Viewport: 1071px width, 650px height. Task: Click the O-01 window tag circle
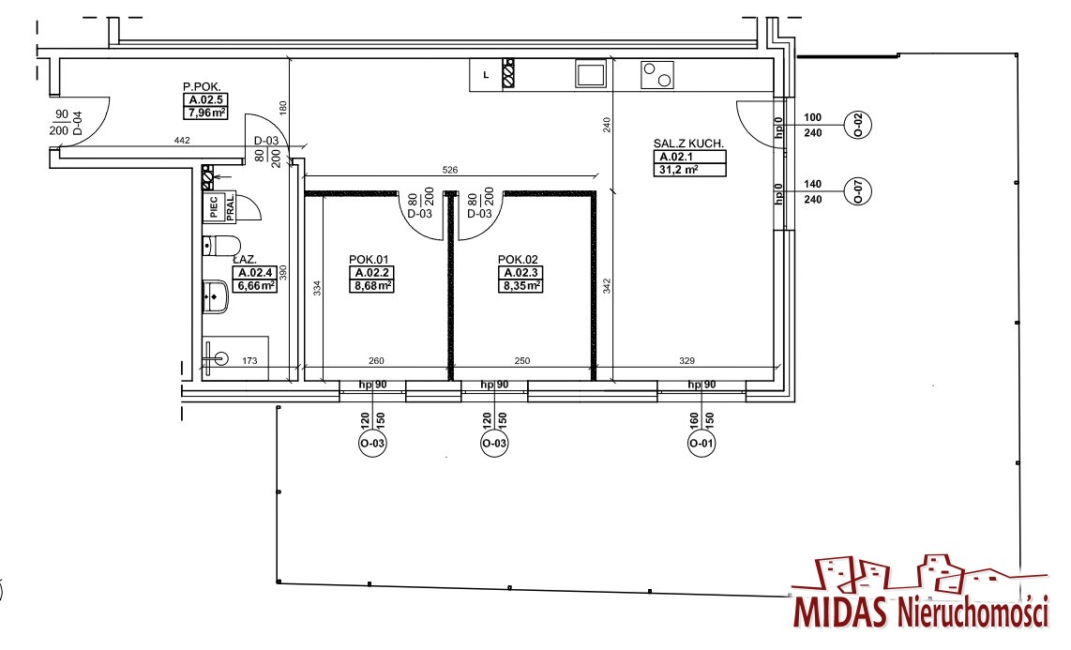pyautogui.click(x=701, y=444)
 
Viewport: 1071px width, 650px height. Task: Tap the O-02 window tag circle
pyautogui.click(x=858, y=125)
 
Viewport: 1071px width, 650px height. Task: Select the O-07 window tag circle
pyautogui.click(x=858, y=191)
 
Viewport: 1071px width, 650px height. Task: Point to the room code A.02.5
pyautogui.click(x=204, y=100)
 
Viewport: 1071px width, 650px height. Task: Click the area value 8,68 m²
pyautogui.click(x=372, y=286)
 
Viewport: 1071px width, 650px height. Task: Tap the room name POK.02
pyautogui.click(x=518, y=260)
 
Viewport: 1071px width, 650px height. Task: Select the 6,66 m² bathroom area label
pyautogui.click(x=255, y=286)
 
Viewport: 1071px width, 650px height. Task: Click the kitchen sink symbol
pyautogui.click(x=591, y=74)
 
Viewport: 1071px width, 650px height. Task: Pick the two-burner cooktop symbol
pyautogui.click(x=657, y=75)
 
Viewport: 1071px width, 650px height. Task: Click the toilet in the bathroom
pyautogui.click(x=221, y=245)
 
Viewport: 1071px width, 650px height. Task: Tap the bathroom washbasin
pyautogui.click(x=216, y=297)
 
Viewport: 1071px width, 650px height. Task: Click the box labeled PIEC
pyautogui.click(x=214, y=207)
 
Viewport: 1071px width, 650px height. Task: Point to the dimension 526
pyautogui.click(x=449, y=170)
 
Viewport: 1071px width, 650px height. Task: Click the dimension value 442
pyautogui.click(x=182, y=141)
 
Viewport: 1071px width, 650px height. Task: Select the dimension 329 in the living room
pyautogui.click(x=686, y=360)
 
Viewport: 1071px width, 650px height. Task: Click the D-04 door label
pyautogui.click(x=77, y=123)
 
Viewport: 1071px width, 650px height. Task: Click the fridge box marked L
pyautogui.click(x=486, y=75)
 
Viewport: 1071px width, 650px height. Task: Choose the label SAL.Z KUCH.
pyautogui.click(x=688, y=144)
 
